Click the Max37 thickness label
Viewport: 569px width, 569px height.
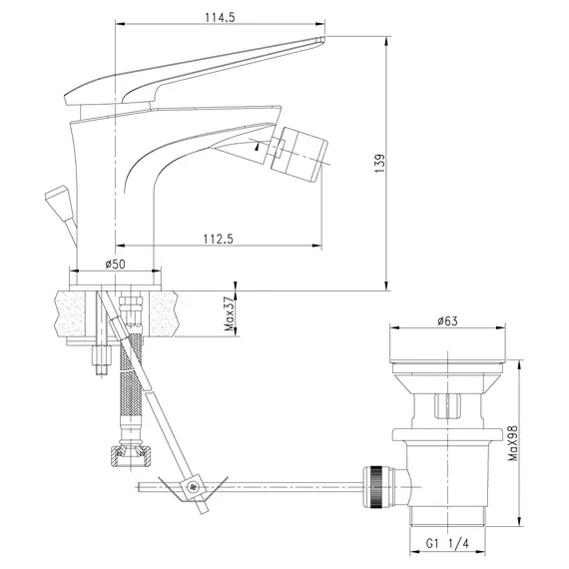(230, 313)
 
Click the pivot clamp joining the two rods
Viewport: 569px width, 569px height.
(193, 488)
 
